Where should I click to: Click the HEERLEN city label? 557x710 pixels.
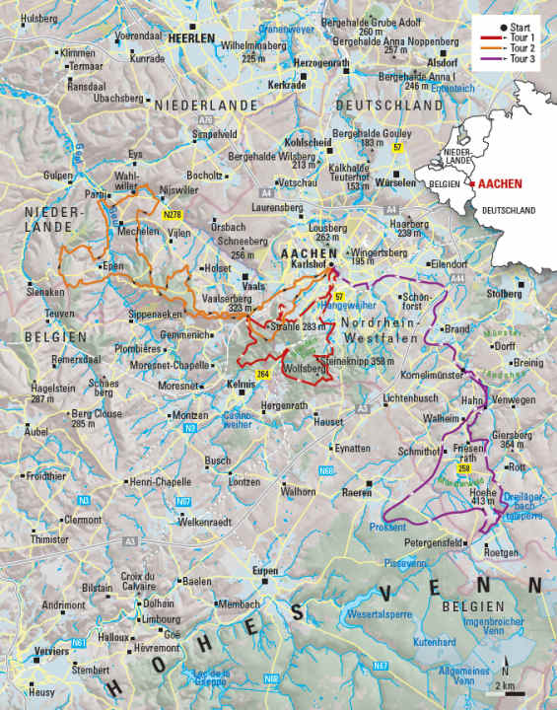(x=191, y=37)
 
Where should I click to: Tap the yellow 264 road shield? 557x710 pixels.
(x=262, y=375)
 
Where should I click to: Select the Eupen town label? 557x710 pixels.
(x=264, y=571)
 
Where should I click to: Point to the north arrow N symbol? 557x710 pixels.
(x=506, y=660)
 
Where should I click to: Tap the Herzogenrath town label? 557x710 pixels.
(x=323, y=62)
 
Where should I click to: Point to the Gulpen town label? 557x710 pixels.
(x=59, y=175)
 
